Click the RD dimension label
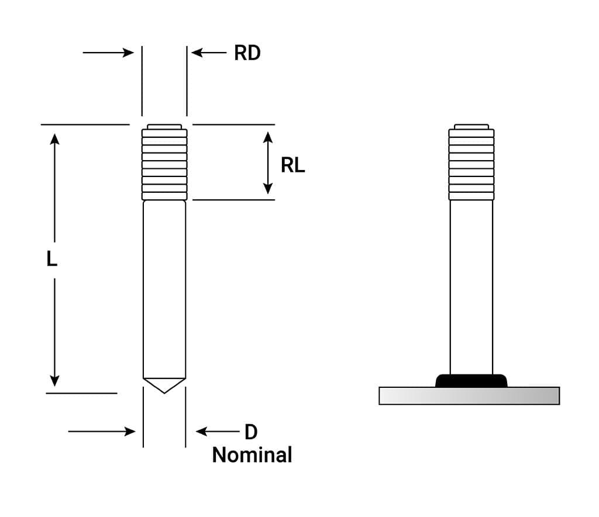click(x=247, y=53)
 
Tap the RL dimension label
click(x=292, y=166)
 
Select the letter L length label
click(x=52, y=259)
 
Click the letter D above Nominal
click(x=250, y=432)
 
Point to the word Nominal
click(x=252, y=454)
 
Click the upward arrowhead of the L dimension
click(x=54, y=139)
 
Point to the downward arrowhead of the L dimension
click(x=54, y=380)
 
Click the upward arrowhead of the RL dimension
click(x=267, y=137)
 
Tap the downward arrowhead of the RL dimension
click(x=267, y=188)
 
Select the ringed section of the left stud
click(x=164, y=164)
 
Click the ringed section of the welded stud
click(x=471, y=164)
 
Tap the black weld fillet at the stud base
click(x=471, y=380)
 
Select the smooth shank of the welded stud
click(x=471, y=286)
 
